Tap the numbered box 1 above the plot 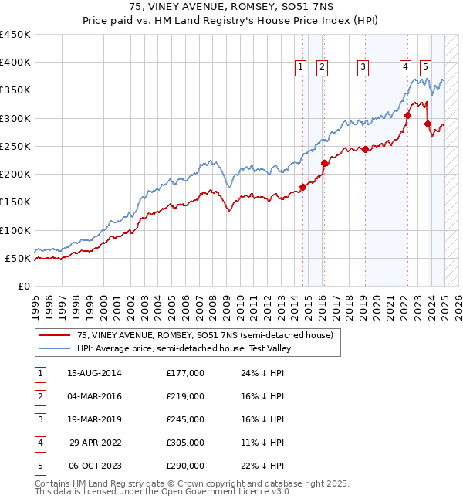(300, 68)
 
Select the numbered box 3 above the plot (363, 68)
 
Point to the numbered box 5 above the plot (425, 68)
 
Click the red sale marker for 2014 (303, 187)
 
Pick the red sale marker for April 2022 (408, 115)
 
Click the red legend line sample (54, 335)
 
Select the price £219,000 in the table (185, 396)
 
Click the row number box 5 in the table (39, 466)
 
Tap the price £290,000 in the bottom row (185, 466)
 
